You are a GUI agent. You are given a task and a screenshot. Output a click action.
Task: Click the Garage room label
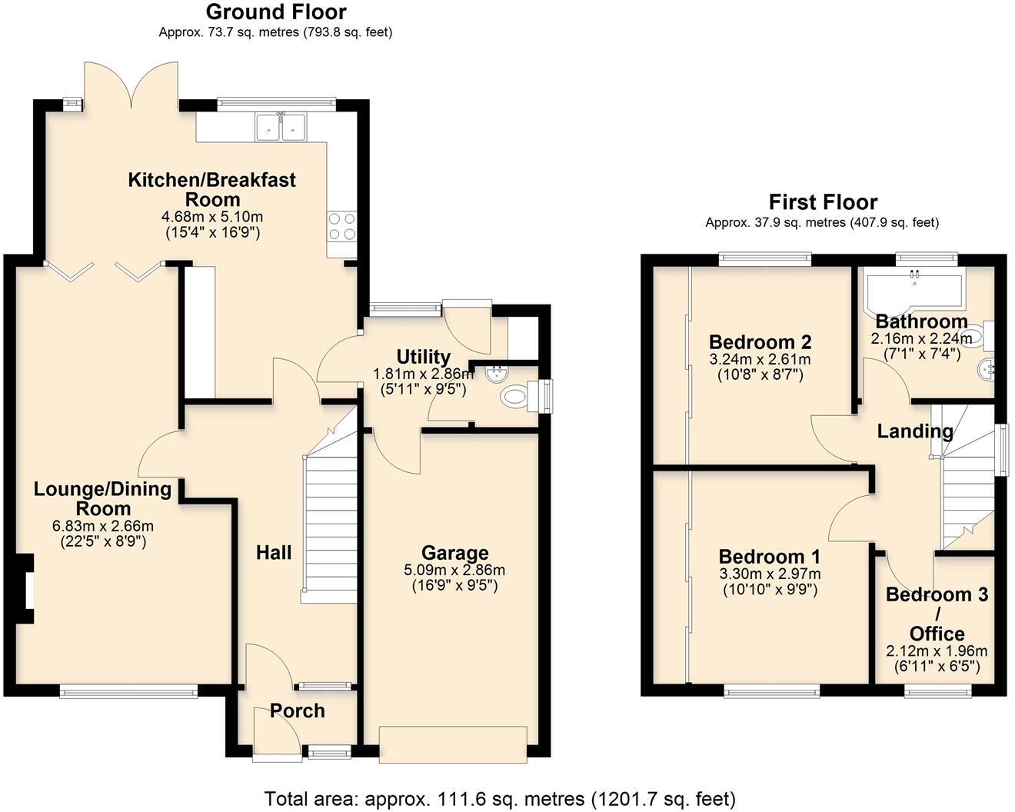(454, 553)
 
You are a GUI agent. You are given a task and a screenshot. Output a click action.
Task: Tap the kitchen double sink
(281, 127)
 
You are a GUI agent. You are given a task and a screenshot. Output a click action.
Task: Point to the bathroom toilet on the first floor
(976, 336)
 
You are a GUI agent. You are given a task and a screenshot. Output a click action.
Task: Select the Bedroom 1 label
(769, 556)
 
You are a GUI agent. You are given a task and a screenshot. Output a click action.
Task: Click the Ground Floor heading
(276, 12)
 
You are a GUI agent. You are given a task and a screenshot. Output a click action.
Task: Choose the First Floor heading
(823, 202)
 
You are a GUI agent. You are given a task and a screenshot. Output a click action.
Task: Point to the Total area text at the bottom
(500, 798)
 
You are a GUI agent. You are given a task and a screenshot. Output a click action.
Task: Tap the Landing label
(914, 431)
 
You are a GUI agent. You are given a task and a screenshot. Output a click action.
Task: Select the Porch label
(298, 710)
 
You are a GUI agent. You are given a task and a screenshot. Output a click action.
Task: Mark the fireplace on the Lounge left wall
(28, 588)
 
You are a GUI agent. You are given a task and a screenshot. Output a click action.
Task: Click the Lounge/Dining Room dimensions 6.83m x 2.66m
(102, 526)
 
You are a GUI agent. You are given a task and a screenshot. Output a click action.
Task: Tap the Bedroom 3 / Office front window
(935, 691)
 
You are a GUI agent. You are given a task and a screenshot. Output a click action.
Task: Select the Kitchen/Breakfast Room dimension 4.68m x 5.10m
(211, 217)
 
